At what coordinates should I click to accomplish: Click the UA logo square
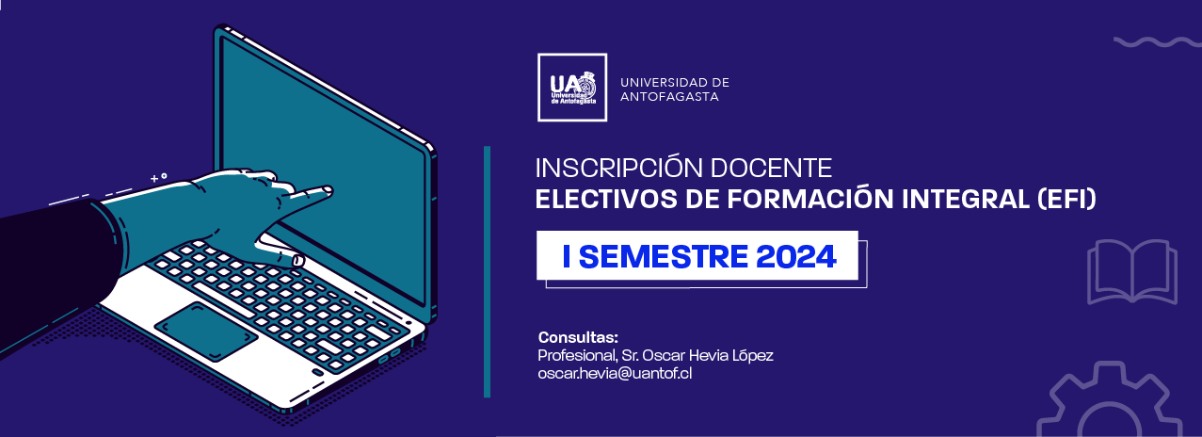[572, 87]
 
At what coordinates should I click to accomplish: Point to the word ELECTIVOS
[606, 199]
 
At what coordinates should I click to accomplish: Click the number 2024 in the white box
[796, 256]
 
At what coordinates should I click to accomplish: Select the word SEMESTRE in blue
[664, 256]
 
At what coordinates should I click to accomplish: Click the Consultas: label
[578, 337]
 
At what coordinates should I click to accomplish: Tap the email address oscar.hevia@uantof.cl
[615, 373]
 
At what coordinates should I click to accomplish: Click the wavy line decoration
[1158, 42]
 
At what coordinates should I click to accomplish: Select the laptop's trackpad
[206, 332]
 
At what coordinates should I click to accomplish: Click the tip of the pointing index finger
[329, 189]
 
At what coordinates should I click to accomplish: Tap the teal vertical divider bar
[487, 271]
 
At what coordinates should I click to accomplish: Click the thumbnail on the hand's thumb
[298, 261]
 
